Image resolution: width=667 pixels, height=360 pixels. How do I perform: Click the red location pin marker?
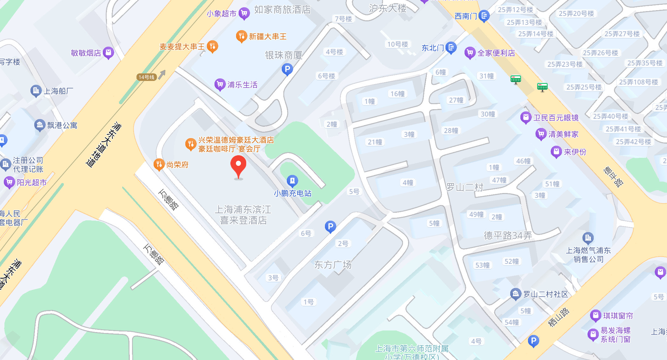point(238,166)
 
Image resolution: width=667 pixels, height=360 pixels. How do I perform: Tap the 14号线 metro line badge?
point(146,77)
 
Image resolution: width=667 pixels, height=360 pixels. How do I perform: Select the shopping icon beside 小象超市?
point(244,13)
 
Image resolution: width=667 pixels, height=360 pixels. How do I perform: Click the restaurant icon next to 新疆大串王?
point(241,36)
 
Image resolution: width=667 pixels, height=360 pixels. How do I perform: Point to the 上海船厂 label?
point(58,91)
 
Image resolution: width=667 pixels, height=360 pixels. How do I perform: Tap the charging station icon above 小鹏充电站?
point(292,181)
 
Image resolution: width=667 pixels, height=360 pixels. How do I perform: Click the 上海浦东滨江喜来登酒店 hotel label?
point(243,215)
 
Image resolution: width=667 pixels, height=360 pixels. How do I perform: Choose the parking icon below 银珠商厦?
point(287,69)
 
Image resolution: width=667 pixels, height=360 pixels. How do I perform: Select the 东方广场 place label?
point(333,264)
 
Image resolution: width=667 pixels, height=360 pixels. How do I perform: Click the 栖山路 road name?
point(559,317)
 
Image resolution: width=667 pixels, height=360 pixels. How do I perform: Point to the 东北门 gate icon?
point(451,48)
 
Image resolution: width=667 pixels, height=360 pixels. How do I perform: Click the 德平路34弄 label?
point(508,236)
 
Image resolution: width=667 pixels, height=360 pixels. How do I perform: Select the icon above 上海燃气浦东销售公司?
point(588,237)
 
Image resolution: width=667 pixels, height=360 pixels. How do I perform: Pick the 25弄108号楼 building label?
point(638,82)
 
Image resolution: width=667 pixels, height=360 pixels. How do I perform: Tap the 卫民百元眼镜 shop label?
point(556,118)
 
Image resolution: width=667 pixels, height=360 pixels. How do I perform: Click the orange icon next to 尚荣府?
point(159,164)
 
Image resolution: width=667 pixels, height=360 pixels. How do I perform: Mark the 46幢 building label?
point(523,161)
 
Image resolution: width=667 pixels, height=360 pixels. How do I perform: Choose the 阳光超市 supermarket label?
point(32,183)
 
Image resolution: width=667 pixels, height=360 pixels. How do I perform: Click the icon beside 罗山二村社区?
point(516,294)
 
